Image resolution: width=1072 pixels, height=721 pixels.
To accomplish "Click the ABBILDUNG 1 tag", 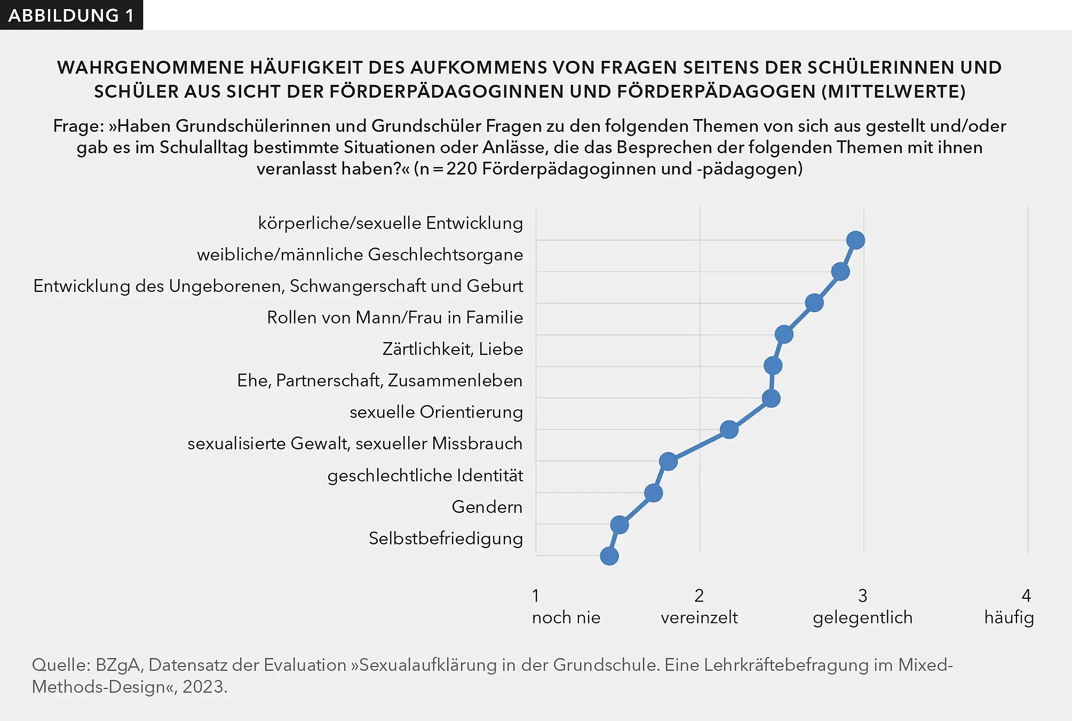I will [71, 15].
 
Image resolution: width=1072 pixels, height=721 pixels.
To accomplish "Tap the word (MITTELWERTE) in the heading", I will [893, 92].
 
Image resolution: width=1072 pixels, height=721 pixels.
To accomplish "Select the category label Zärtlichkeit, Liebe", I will [452, 349].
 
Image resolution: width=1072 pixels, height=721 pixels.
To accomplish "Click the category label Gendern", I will [487, 507].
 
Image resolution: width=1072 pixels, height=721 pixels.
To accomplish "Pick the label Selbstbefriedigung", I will [446, 538].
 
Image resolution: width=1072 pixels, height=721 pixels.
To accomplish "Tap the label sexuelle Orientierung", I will [436, 412].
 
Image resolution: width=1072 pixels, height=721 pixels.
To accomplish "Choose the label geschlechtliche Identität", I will [425, 476].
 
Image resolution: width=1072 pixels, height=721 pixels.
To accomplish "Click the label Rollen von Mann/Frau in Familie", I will [395, 318].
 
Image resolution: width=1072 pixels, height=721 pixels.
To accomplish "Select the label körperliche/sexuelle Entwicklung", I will [390, 223].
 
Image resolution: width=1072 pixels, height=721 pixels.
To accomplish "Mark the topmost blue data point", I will [855, 240].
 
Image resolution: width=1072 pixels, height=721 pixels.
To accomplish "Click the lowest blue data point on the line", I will [609, 556].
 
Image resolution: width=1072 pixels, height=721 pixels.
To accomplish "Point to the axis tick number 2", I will [699, 596].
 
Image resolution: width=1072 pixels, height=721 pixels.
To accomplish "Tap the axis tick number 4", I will [1026, 596].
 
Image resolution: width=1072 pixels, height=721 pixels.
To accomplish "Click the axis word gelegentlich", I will [862, 618].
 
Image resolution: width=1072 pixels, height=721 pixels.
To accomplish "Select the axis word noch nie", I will [566, 618].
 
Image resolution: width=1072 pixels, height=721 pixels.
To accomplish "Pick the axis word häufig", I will [1009, 618].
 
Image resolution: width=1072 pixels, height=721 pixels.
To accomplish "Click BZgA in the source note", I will [117, 665].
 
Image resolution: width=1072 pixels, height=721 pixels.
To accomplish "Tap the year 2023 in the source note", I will [202, 687].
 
